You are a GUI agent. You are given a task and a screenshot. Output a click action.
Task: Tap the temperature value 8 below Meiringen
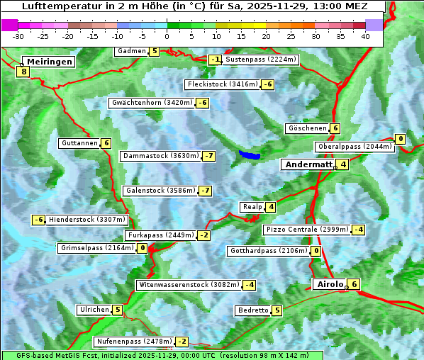[23, 72]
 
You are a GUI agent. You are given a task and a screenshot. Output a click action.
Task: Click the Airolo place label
[329, 284]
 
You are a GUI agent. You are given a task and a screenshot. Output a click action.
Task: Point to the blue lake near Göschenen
[249, 154]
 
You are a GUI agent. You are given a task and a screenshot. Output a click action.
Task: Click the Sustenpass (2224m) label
[260, 60]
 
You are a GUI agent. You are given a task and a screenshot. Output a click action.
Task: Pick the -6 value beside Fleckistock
[267, 85]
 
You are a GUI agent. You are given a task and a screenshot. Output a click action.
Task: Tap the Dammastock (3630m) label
[160, 156]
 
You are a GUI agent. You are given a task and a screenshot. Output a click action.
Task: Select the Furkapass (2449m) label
[160, 235]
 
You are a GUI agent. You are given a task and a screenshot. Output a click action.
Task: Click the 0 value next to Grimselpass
[143, 248]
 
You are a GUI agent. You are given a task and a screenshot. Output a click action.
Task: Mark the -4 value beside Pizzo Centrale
[358, 230]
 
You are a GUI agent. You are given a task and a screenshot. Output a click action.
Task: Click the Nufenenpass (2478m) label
[134, 342]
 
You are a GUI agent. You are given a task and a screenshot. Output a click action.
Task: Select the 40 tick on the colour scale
[365, 35]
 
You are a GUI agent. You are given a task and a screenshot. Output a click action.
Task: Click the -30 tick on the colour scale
[18, 35]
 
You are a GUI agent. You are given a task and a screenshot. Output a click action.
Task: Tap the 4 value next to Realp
[271, 207]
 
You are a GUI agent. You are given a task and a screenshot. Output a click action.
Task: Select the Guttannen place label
[79, 143]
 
